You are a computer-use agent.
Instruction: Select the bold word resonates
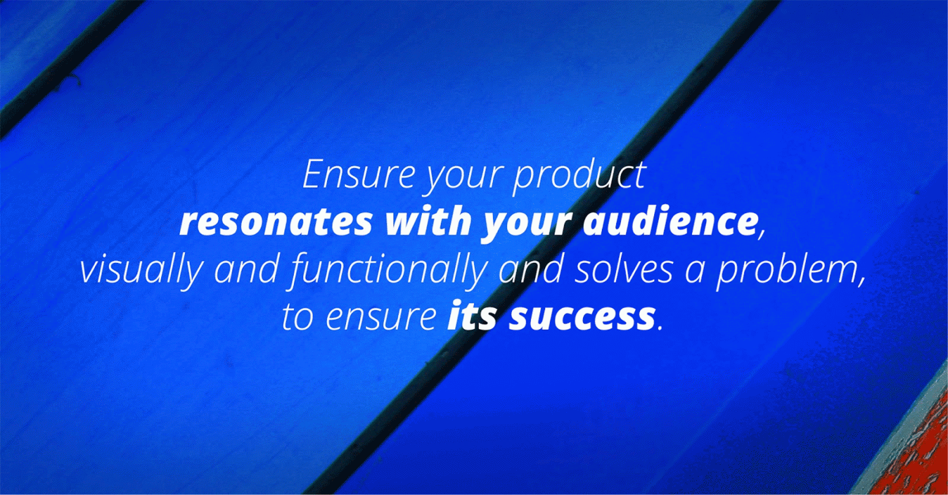point(276,223)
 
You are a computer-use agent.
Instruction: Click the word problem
point(787,272)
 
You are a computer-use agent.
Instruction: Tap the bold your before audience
point(527,226)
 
